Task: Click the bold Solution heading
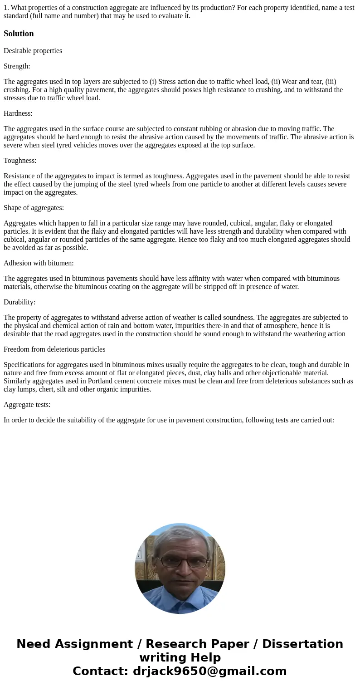point(19,34)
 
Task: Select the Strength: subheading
point(17,66)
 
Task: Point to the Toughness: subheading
point(20,161)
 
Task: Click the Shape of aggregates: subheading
point(34,208)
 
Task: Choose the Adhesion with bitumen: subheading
point(39,263)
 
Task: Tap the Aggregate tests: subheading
point(27,405)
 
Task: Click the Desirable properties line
point(33,51)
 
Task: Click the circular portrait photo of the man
point(180,568)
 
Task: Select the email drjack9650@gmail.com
point(209,671)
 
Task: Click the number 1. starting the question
point(6,8)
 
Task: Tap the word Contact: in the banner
point(101,671)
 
